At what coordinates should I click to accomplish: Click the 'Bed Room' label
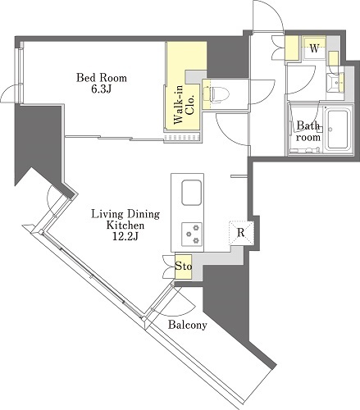pos(102,78)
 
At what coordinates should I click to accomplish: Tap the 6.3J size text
pos(102,89)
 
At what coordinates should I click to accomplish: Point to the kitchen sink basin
pos(192,193)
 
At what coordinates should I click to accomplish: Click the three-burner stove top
pos(192,234)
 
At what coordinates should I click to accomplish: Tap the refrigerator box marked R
pos(241,232)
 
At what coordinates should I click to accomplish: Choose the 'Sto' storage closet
pos(183,266)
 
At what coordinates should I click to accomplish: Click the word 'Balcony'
pos(188,325)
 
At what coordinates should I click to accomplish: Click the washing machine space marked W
pos(314,48)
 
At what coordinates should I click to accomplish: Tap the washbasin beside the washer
pos(335,83)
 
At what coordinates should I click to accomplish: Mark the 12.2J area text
pos(125,236)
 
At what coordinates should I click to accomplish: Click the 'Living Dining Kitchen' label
pos(125,220)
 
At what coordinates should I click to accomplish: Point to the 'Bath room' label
pos(308,131)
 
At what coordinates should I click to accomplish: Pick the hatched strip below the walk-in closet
pos(183,137)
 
